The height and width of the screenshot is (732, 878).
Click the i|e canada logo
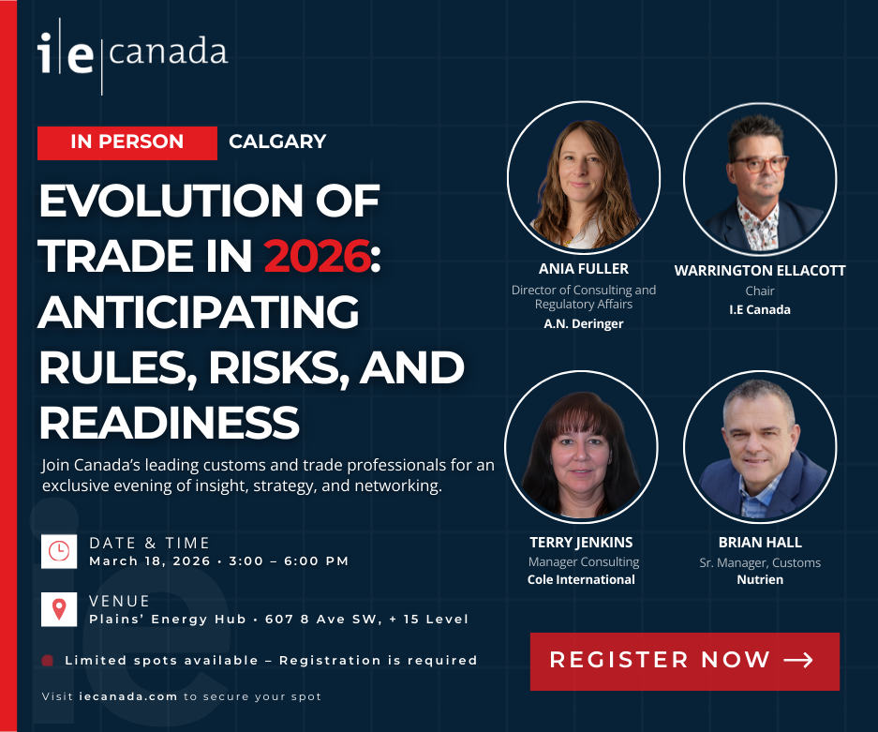point(133,56)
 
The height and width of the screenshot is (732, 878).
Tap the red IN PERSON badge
point(127,142)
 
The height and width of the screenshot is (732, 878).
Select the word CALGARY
point(277,142)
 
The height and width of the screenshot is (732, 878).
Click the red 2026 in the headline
point(317,256)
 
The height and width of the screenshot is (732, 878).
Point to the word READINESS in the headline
point(170,423)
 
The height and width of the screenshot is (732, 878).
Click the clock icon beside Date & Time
point(59,551)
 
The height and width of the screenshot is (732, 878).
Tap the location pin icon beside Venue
point(59,609)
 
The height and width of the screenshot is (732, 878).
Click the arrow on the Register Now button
point(798,661)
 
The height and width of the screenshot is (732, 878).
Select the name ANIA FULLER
point(584,269)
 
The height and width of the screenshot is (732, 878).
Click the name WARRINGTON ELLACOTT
point(760,271)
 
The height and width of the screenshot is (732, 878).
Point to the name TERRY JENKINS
point(581,542)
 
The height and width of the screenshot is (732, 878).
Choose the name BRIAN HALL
point(760,542)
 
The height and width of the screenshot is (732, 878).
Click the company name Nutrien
point(760,579)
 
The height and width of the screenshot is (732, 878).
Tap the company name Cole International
point(581,579)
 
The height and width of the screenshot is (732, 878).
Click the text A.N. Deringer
point(584,323)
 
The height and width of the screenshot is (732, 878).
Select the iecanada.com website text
point(128,696)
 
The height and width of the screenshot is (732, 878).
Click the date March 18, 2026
point(150,561)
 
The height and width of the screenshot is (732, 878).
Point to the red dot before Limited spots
point(48,661)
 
